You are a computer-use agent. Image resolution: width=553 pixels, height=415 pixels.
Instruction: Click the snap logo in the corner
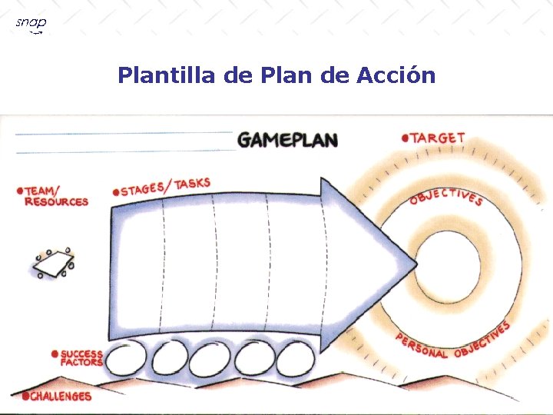click(x=31, y=24)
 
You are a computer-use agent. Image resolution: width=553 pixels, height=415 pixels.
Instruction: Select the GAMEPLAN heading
click(x=287, y=140)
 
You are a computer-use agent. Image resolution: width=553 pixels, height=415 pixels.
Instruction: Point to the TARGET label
click(x=438, y=138)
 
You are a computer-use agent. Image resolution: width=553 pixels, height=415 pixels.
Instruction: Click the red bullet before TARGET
click(x=405, y=139)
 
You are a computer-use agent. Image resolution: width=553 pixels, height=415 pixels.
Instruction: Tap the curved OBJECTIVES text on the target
click(x=446, y=196)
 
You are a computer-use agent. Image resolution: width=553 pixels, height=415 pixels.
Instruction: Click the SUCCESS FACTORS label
click(x=81, y=358)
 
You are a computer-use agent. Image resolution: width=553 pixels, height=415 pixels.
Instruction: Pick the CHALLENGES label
click(x=60, y=397)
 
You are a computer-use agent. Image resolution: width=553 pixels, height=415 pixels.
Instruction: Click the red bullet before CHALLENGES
click(x=25, y=397)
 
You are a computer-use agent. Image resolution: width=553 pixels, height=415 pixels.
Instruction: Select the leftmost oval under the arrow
click(x=127, y=359)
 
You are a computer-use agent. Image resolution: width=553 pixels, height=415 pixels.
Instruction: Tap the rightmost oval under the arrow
click(x=293, y=359)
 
